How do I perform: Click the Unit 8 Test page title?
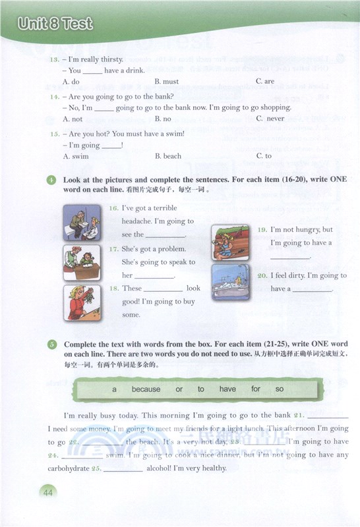click(55, 24)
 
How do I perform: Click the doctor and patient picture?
click(82, 223)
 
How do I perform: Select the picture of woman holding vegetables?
click(82, 302)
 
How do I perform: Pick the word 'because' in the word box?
click(146, 389)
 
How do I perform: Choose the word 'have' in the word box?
click(227, 389)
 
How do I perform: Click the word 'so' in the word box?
click(280, 389)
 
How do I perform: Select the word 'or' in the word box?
click(179, 389)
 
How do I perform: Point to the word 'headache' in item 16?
click(138, 221)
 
